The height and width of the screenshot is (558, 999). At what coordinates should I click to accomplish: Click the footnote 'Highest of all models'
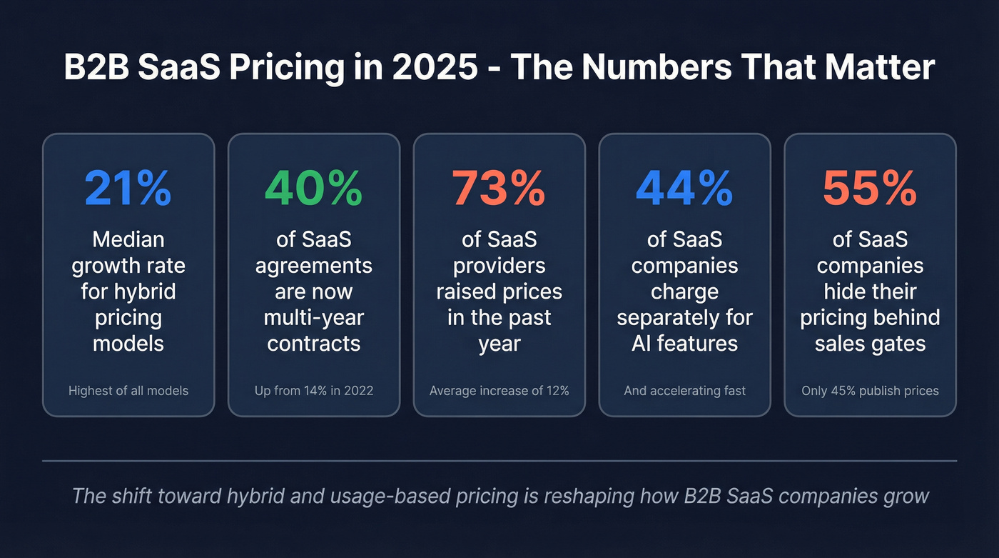coord(128,391)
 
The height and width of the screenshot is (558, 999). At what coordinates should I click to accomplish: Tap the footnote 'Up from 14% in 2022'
coord(314,391)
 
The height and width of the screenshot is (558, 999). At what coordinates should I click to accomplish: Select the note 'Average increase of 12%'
coord(499,391)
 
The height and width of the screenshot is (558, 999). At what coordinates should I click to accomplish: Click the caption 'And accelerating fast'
coord(685,391)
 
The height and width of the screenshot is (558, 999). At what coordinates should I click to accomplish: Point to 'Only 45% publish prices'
coord(870,391)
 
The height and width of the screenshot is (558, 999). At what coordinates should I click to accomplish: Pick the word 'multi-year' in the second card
coord(314,318)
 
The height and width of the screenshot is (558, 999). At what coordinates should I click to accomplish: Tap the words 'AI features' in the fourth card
coord(685,344)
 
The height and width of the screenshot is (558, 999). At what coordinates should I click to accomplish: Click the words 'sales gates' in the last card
coord(870,344)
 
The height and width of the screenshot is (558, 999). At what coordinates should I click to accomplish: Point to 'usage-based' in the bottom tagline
coord(375,496)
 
